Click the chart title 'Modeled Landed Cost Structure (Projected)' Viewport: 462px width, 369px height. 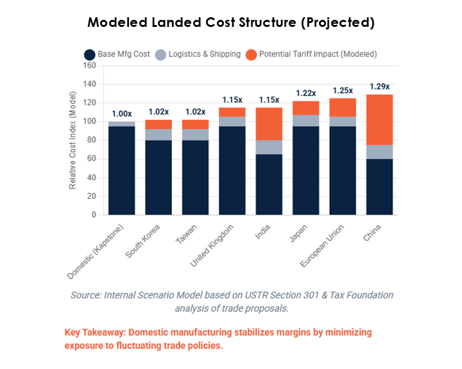tap(230, 22)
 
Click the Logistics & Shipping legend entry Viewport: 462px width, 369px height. tap(198, 54)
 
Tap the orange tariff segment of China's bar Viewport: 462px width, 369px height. tap(379, 120)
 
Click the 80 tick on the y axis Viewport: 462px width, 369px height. tap(91, 140)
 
